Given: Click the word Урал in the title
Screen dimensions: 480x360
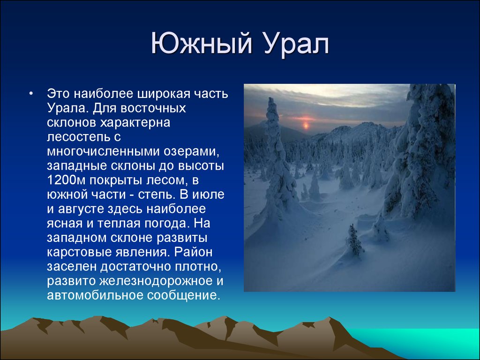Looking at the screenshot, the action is coord(296,45).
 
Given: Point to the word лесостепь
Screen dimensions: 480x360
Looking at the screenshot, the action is coord(80,137).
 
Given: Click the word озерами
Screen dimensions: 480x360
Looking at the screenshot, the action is coord(191,152).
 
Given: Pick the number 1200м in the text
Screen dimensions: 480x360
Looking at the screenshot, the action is coord(67,180).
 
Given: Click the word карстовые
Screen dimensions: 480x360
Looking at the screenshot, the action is coord(79,252).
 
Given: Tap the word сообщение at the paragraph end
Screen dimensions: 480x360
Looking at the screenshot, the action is coord(184,296).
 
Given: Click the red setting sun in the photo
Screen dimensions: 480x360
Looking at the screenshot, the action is coord(306,125).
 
